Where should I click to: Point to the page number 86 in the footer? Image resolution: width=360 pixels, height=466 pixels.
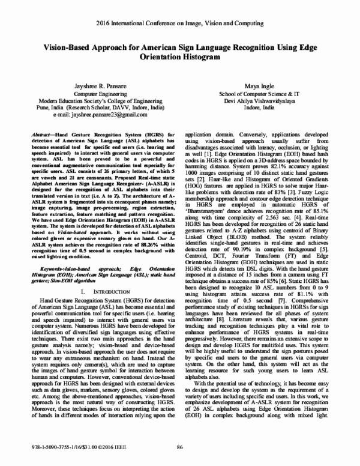(x=179, y=448)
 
